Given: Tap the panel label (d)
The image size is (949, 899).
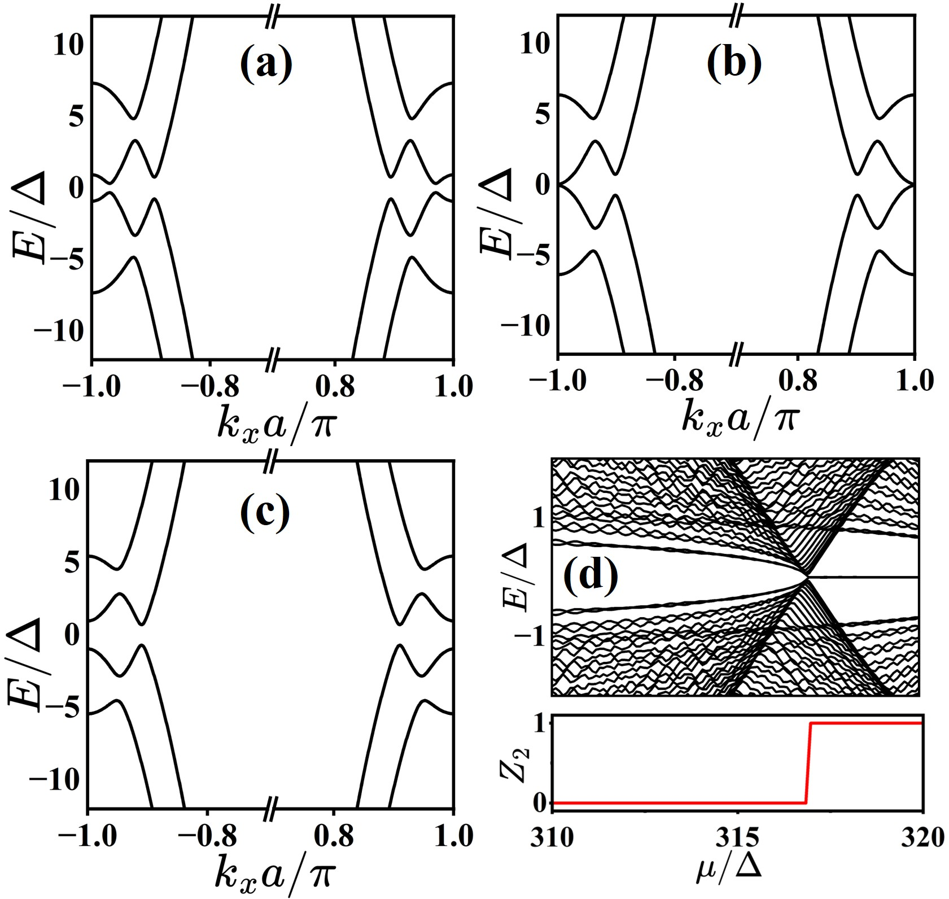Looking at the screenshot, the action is point(592,577).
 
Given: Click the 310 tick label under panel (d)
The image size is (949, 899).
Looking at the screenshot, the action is point(552,837).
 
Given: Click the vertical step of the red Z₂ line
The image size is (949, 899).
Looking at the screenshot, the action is point(808,762).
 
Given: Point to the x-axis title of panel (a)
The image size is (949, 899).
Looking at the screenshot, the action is point(275,419).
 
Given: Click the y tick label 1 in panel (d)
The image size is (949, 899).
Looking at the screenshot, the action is point(538,518).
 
